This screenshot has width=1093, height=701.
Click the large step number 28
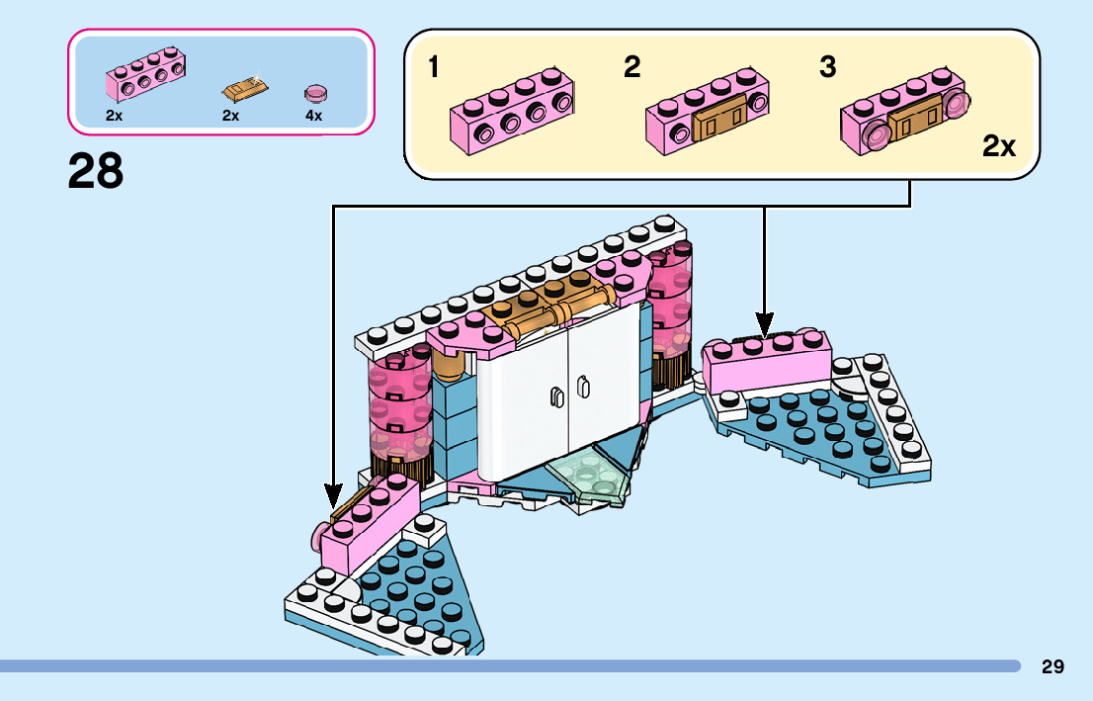(x=96, y=172)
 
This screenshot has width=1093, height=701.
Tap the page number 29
(x=1052, y=666)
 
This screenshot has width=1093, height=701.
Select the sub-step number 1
(x=434, y=67)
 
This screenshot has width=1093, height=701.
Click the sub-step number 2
(x=631, y=67)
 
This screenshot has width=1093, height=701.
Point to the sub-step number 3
(x=827, y=67)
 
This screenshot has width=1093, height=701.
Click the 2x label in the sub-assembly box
(x=999, y=147)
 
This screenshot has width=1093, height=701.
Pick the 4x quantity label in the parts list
(x=314, y=116)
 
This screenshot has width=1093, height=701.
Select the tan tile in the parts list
(x=243, y=91)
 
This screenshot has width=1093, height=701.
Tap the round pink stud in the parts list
(x=316, y=94)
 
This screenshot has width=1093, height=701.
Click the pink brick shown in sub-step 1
(x=512, y=110)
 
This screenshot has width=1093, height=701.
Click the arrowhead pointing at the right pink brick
(x=764, y=324)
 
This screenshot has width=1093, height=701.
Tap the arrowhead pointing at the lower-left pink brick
(x=333, y=494)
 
